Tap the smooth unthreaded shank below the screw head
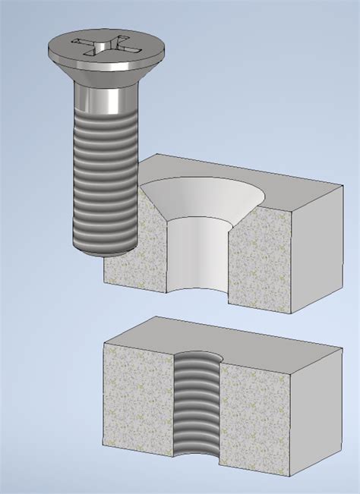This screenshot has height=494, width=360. click(104, 96)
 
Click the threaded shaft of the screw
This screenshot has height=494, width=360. click(104, 175)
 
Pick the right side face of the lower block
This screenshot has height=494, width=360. click(314, 414)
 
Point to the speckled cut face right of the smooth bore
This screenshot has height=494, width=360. click(258, 266)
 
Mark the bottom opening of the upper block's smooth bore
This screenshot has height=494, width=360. click(200, 294)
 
